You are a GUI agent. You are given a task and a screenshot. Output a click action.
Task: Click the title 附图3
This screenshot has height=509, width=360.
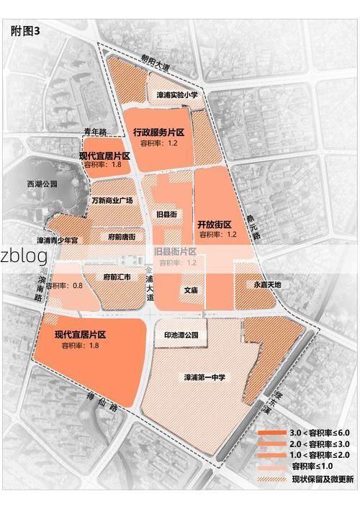coord(26,31)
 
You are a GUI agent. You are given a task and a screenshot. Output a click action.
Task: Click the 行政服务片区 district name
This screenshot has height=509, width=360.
coord(159,132)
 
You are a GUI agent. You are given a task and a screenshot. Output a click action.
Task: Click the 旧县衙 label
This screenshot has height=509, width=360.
coord(166,214)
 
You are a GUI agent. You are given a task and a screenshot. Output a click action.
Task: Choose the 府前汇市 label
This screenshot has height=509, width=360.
coord(117,276)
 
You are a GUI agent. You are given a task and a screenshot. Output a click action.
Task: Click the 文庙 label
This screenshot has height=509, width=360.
coord(190,291)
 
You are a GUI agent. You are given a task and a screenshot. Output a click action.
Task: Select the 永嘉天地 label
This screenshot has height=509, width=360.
coord(268,284)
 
